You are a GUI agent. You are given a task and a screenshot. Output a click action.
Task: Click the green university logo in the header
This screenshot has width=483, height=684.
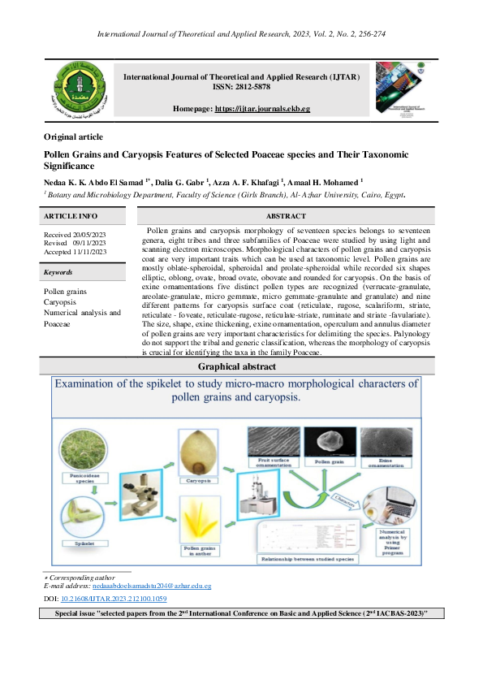(79, 89)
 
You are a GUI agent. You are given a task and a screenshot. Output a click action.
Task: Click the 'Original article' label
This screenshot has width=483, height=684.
(73, 136)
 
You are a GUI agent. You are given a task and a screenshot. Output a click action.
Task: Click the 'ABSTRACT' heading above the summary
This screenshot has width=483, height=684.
(286, 216)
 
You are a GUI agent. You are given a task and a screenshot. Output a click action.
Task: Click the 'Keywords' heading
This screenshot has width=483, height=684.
(58, 273)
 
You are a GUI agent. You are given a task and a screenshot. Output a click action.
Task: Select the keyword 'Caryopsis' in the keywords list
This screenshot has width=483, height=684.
(60, 301)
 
